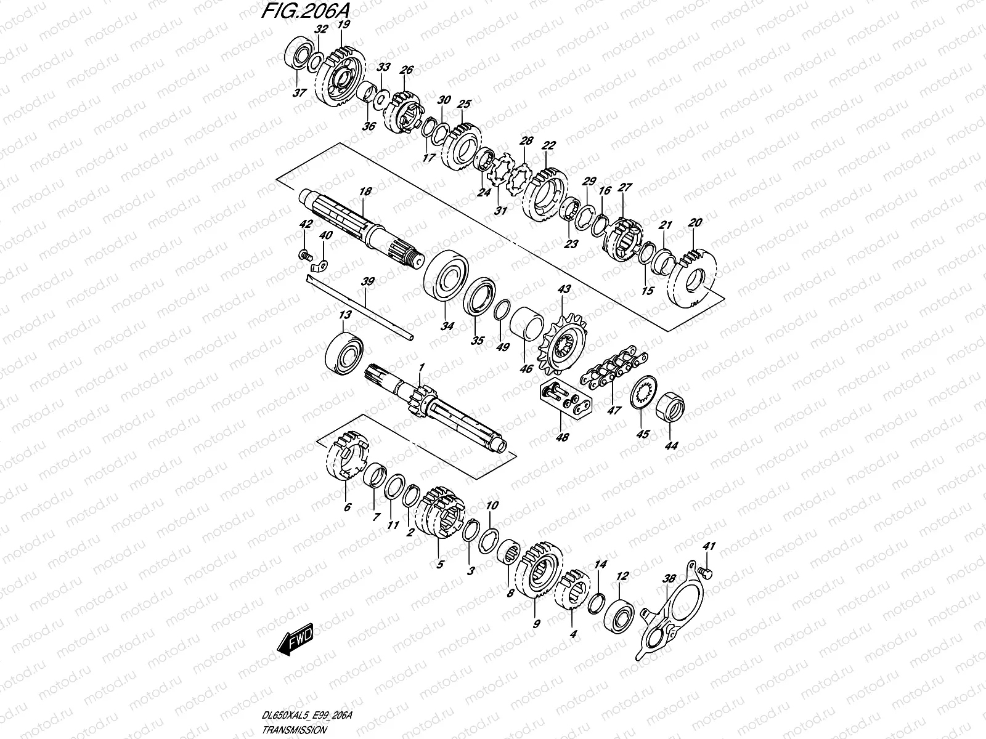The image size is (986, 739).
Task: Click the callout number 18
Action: (x=365, y=192)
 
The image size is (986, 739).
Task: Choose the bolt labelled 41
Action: (x=707, y=573)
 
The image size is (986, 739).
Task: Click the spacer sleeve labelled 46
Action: (x=529, y=326)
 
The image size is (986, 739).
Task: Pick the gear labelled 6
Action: (x=346, y=459)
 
